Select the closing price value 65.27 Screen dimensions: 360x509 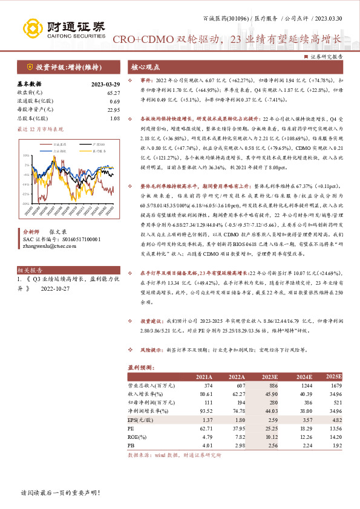[x=113, y=92]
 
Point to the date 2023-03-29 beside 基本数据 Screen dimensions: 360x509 [x=105, y=85]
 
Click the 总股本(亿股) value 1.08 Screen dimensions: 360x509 [x=115, y=118]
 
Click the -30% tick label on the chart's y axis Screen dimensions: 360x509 [x=26, y=204]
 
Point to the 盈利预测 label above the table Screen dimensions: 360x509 [x=142, y=368]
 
